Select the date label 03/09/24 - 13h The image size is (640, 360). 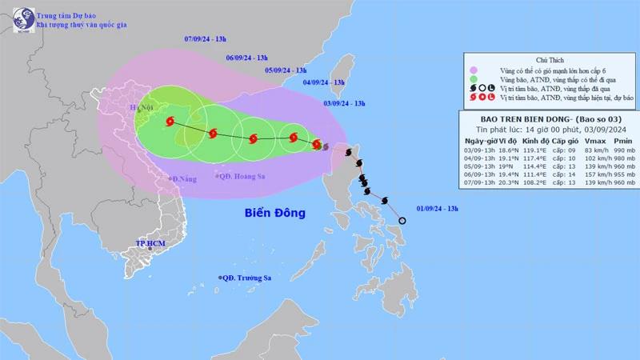(x=345, y=103)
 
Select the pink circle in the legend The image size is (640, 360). (x=473, y=70)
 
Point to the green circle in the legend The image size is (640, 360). (x=473, y=79)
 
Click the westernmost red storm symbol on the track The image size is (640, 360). (x=170, y=122)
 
